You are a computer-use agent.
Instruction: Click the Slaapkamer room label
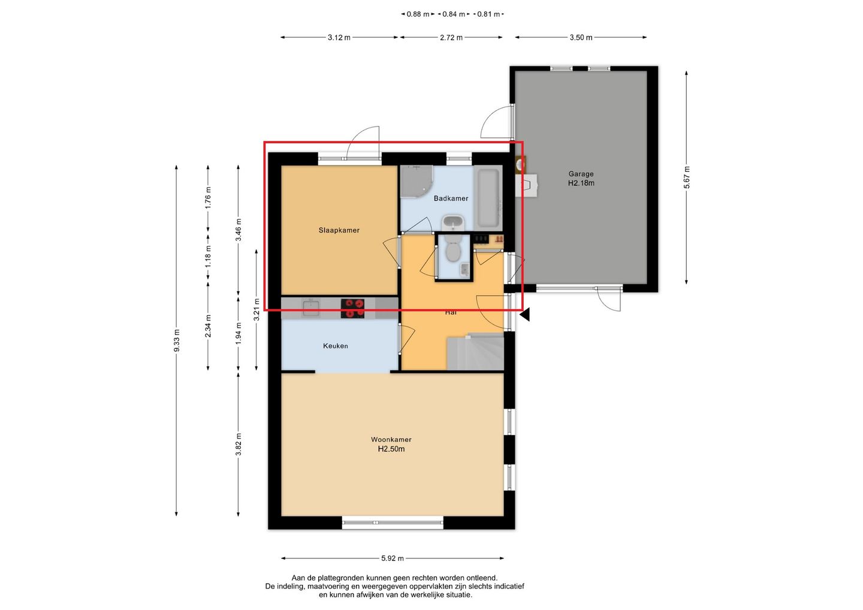[339, 230]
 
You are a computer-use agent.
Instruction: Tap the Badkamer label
[451, 198]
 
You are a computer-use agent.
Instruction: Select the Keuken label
[335, 346]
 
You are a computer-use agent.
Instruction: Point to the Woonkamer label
[391, 439]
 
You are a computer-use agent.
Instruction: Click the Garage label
[581, 174]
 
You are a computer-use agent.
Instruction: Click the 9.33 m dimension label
[176, 340]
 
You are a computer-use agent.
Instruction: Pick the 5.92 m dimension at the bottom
[393, 558]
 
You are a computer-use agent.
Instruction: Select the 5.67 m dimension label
[687, 177]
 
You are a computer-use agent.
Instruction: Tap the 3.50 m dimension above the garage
[581, 37]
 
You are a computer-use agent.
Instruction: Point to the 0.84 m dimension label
[454, 14]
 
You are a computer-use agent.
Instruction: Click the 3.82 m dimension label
[239, 445]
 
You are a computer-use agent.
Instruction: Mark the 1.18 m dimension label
[208, 256]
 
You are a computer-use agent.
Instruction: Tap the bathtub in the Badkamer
[488, 198]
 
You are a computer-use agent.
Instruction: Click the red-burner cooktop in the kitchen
[352, 309]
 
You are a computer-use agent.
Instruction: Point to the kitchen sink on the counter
[310, 308]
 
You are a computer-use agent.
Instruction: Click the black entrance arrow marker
[526, 315]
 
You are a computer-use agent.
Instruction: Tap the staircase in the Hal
[475, 352]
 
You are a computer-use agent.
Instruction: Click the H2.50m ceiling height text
[391, 449]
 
